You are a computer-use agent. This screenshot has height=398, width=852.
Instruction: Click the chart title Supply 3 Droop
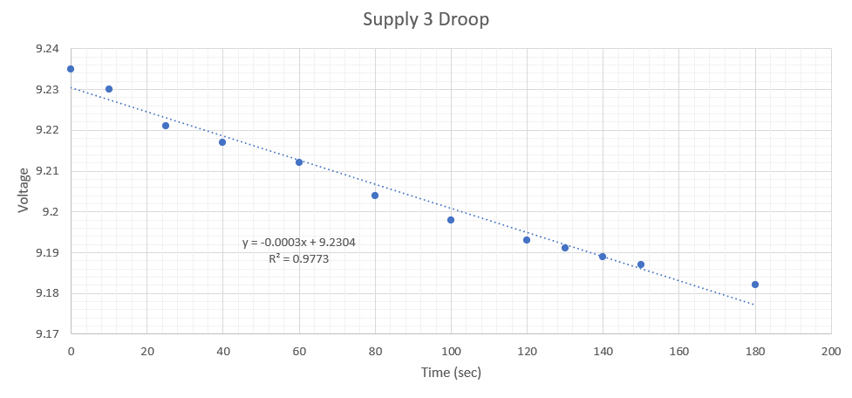pos(426,19)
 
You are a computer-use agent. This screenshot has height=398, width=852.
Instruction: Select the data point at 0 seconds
pos(71,69)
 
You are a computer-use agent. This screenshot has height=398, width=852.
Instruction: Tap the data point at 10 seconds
pos(109,89)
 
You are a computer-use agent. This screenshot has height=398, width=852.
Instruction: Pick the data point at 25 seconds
pos(166,126)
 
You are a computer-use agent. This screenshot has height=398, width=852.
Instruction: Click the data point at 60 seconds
pos(299,162)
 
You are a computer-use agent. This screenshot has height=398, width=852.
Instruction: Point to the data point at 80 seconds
pos(375,196)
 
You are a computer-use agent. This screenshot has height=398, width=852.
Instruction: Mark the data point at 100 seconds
pos(451,220)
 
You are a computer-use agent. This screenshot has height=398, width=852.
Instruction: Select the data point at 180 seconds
pos(755,285)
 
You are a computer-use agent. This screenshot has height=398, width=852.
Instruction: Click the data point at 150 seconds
pos(641,264)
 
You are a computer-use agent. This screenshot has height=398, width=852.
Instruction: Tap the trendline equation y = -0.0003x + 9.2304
pos(299,244)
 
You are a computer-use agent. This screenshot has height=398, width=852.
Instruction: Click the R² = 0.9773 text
pos(299,259)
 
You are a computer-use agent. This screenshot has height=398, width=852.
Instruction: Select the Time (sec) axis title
pos(450,373)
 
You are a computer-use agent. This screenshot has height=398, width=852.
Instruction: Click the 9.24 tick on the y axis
pos(47,49)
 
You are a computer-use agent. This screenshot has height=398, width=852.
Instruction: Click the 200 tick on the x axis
pos(831,351)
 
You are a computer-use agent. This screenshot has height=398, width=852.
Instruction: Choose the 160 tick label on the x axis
pos(678,351)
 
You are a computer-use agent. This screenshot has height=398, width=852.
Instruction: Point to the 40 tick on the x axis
pos(222,351)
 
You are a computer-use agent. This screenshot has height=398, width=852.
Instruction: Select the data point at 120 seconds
pos(527,240)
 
